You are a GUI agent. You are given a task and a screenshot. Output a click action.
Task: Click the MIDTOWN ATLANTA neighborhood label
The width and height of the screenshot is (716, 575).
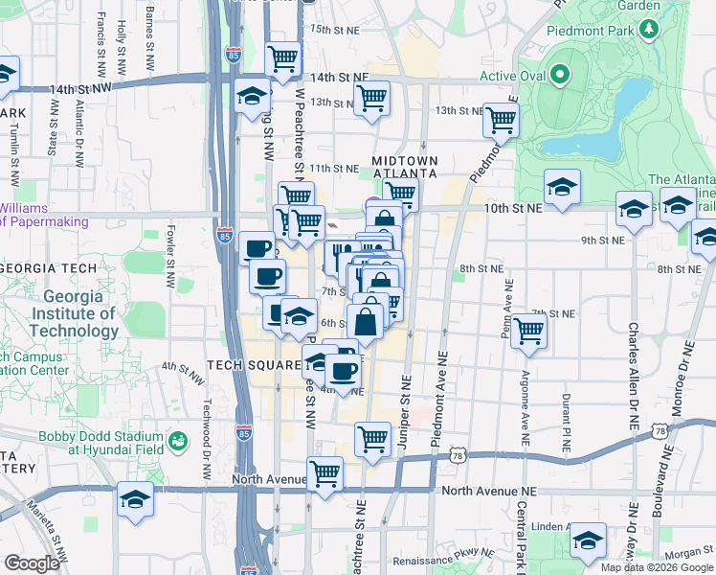click(405, 166)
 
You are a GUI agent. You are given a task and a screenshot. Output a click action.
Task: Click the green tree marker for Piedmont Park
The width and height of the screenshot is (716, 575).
click(650, 30)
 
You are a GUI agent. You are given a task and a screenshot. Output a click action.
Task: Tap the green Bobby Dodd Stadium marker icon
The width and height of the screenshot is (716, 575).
click(177, 441)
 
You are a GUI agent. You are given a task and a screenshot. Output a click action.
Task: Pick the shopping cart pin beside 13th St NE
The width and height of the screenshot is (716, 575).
click(370, 98)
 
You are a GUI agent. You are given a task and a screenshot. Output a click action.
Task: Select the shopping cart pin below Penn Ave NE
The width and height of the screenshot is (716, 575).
click(528, 331)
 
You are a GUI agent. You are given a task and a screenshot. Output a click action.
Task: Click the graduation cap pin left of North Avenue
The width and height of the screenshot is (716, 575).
click(135, 499)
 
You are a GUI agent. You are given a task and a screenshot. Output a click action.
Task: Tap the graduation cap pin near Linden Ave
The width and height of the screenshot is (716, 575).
click(587, 540)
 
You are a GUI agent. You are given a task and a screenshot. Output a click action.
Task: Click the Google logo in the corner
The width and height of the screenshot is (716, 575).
click(32, 563)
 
